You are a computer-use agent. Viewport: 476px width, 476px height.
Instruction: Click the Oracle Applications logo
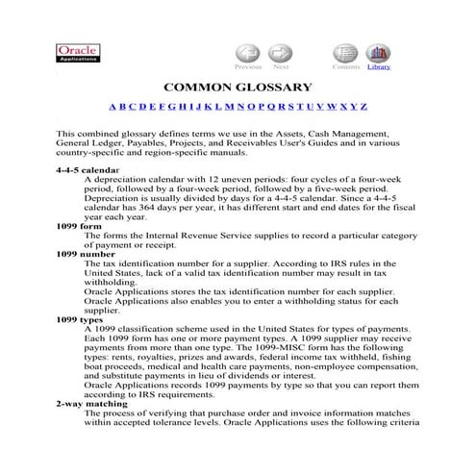[x=78, y=54]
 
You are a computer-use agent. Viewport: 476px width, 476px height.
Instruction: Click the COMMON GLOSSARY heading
[x=238, y=88]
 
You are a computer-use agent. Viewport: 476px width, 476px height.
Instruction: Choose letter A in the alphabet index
[x=113, y=106]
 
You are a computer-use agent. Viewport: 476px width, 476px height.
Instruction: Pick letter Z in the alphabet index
[x=363, y=106]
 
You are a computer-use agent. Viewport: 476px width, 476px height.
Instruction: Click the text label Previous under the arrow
[x=248, y=67]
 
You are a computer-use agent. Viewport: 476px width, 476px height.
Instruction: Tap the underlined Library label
[x=378, y=67]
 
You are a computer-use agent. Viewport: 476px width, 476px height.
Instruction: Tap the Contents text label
[x=345, y=67]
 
